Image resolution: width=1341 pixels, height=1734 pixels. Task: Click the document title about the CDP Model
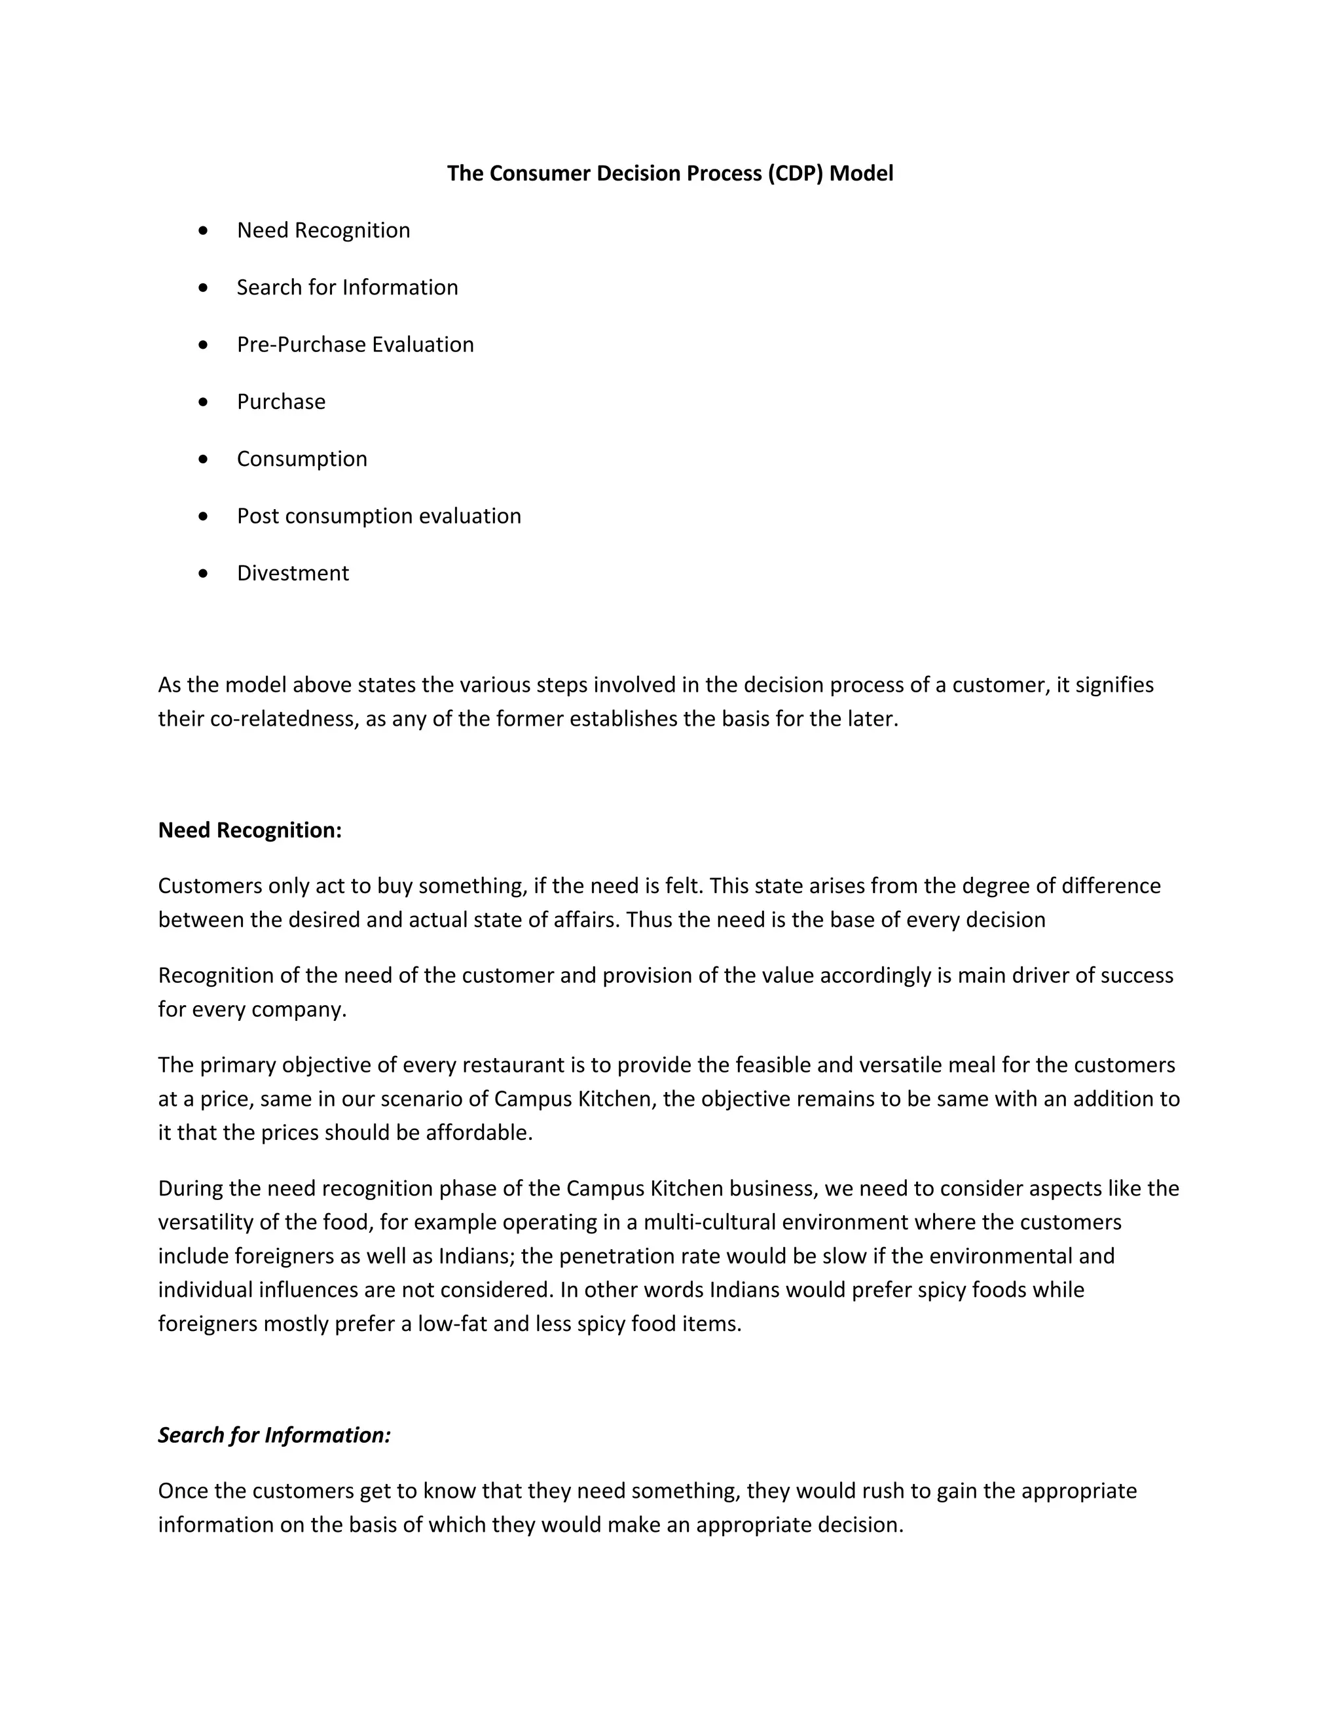(670, 173)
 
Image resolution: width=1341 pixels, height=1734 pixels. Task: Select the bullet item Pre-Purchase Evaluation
(355, 345)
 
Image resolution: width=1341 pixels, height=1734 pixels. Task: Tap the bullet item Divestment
(292, 573)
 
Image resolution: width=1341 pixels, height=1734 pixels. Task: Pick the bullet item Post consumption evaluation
(379, 516)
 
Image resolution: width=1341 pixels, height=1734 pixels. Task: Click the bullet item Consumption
(302, 459)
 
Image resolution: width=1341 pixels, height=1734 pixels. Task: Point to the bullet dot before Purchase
(204, 402)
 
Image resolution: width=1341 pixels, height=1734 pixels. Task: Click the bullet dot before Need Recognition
(204, 231)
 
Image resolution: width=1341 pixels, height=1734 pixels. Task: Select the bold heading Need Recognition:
(249, 830)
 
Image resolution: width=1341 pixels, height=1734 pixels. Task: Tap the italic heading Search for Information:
(274, 1436)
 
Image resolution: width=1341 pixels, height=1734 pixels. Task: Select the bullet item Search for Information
(347, 287)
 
